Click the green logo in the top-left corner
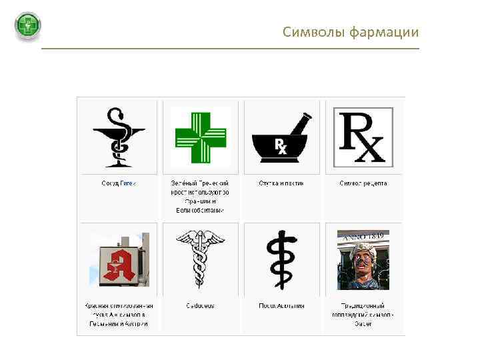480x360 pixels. tap(28, 27)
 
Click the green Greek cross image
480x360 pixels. tap(201, 136)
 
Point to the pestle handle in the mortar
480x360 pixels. tap(299, 125)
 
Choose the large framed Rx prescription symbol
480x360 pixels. tap(363, 137)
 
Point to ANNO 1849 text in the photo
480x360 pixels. tap(364, 235)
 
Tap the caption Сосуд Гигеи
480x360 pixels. tap(119, 183)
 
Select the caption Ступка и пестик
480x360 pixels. tap(281, 183)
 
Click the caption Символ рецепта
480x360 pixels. tap(363, 183)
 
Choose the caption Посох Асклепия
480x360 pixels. tap(281, 305)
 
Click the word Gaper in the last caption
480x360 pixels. tap(363, 323)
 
